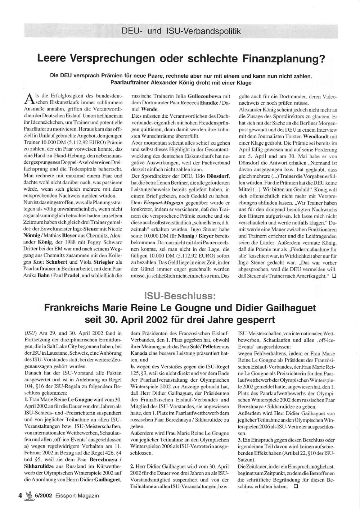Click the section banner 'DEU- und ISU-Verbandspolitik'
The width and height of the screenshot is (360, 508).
pos(181,31)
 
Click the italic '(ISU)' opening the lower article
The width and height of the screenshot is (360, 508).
pos(30,333)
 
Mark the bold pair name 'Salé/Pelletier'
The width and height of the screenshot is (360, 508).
pos(211,346)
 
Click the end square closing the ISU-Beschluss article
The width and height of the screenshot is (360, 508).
pos(296,486)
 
